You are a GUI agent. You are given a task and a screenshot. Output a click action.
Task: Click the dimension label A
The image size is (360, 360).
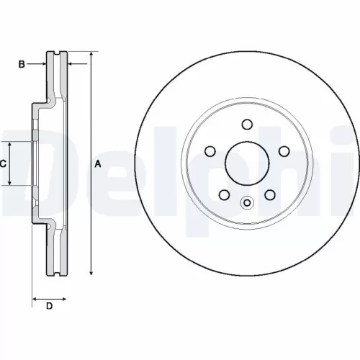[99, 165]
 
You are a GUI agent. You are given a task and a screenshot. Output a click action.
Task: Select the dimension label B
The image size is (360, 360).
[22, 65]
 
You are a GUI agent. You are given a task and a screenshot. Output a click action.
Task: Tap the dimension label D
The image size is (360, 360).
[49, 307]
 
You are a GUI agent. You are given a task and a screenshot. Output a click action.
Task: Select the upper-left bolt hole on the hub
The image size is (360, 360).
[210, 151]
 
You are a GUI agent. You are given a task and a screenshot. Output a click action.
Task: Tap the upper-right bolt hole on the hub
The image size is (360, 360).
[283, 151]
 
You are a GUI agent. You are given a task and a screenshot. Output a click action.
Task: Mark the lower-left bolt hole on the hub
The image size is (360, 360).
[222, 194]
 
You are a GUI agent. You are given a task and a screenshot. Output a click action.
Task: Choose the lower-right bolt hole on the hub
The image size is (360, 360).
[270, 194]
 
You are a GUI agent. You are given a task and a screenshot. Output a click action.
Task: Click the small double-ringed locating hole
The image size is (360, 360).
[246, 203]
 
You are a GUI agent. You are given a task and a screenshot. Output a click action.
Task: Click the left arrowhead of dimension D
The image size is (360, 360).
[35, 297]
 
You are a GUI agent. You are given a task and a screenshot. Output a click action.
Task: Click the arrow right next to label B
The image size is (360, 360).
[42, 65]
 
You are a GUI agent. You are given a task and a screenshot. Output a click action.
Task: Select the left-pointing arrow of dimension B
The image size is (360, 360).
[71, 65]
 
